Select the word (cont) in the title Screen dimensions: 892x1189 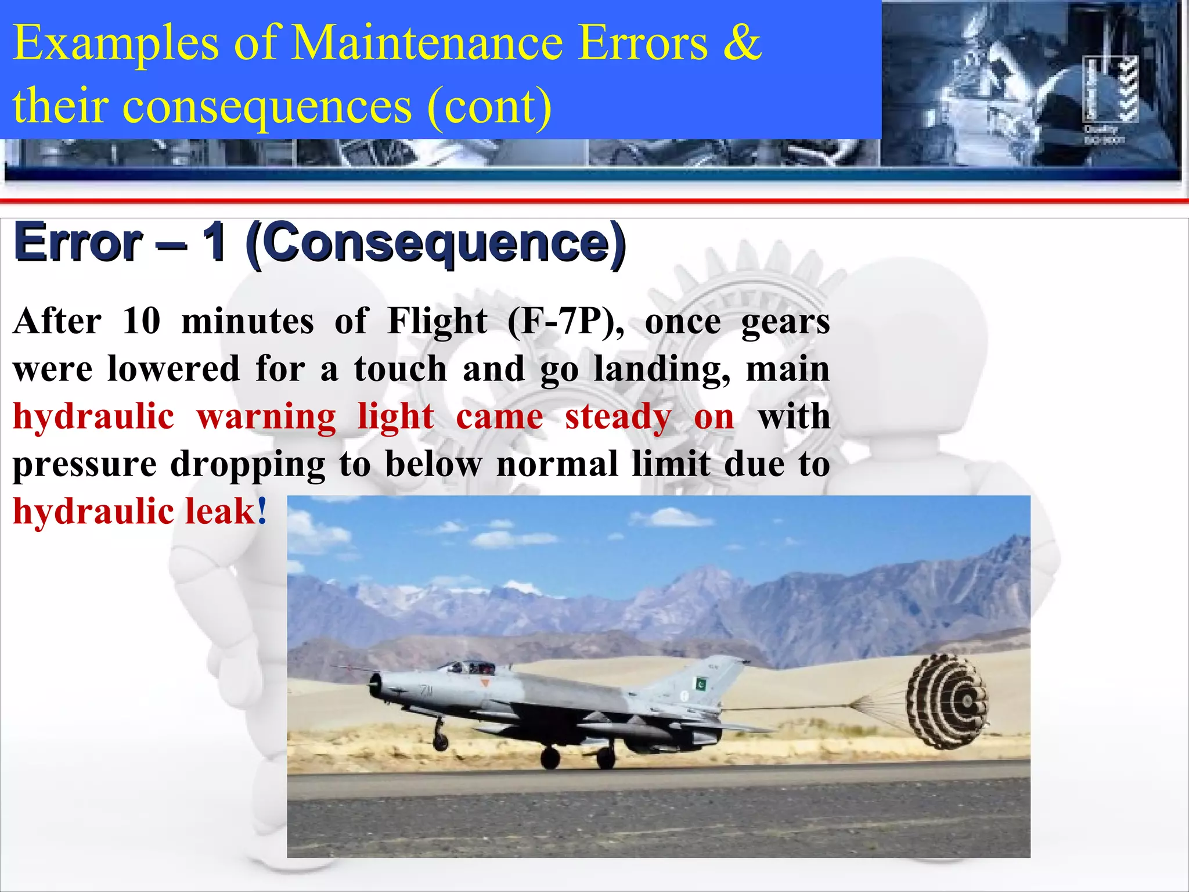(489, 106)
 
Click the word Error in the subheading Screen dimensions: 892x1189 (78, 243)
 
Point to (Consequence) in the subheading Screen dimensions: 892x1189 (436, 244)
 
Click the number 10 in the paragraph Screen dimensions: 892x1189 (141, 321)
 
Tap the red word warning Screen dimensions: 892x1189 (266, 417)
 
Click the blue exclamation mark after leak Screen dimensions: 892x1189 (262, 510)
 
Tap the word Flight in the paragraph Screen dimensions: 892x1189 (437, 321)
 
